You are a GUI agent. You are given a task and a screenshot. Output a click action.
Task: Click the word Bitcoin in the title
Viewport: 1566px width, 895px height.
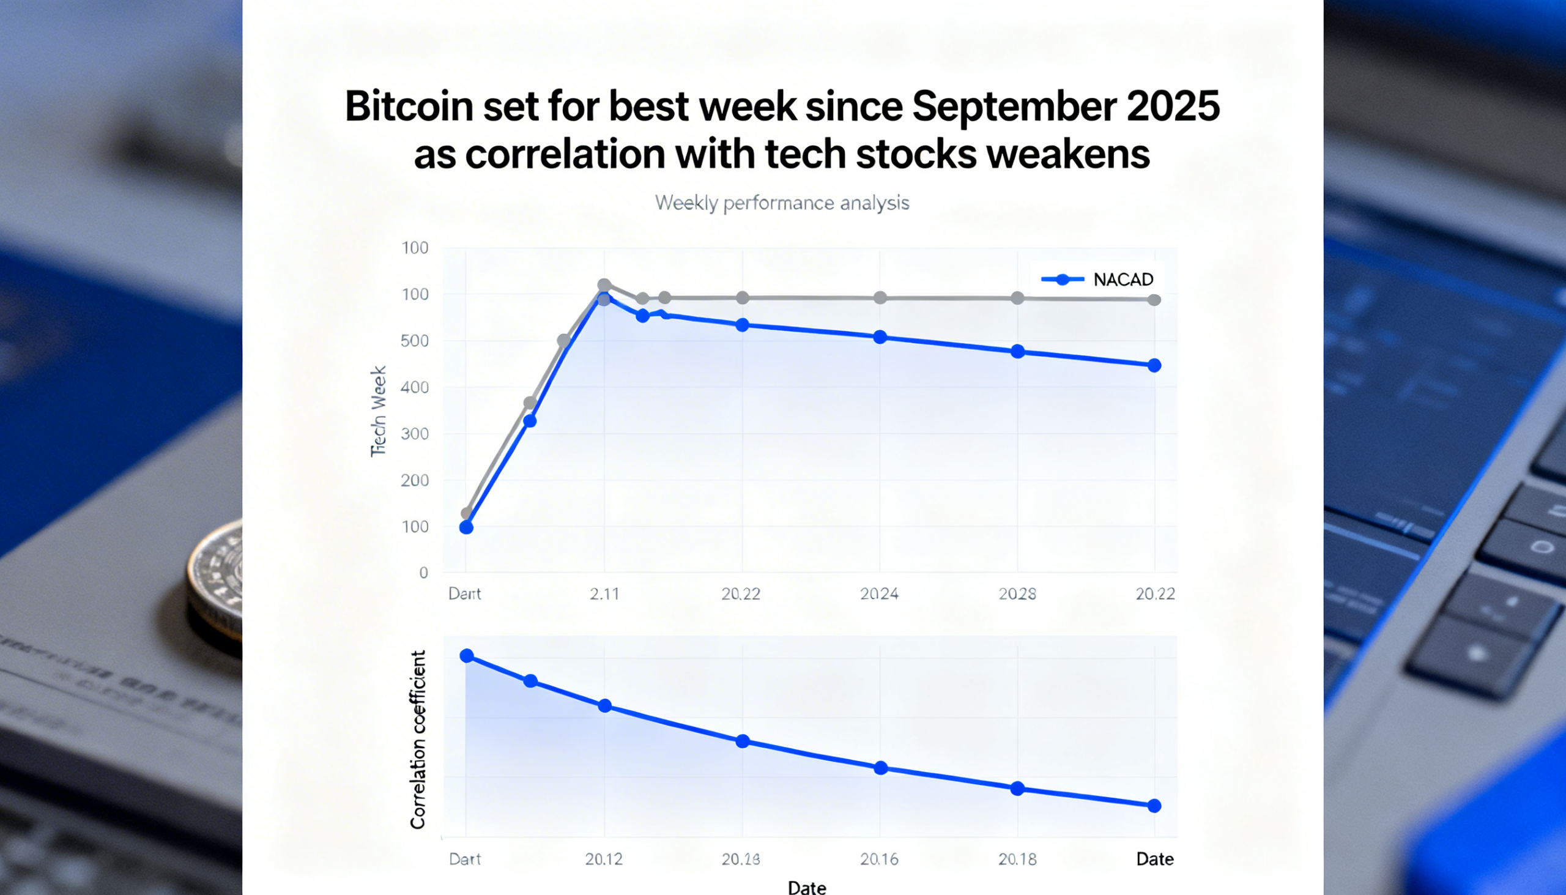(x=409, y=106)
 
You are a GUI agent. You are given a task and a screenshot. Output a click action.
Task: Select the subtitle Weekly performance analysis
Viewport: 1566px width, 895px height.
(x=782, y=203)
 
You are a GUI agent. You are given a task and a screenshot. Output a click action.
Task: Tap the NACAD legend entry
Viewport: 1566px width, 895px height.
(x=1097, y=280)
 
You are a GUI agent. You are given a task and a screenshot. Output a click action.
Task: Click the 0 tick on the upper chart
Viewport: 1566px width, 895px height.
(x=423, y=573)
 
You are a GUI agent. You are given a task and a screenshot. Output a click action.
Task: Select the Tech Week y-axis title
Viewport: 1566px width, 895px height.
(x=379, y=411)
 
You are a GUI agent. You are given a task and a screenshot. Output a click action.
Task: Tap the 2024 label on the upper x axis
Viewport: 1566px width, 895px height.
(x=879, y=594)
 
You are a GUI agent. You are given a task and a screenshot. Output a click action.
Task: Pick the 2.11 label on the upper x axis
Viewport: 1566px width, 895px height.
(x=604, y=594)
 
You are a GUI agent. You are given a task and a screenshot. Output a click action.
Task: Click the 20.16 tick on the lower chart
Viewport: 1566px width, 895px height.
(x=879, y=859)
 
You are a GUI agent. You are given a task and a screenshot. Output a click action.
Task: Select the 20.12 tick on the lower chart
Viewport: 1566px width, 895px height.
(x=604, y=859)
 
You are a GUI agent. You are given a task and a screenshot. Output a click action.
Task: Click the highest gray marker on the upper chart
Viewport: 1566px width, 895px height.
(x=604, y=285)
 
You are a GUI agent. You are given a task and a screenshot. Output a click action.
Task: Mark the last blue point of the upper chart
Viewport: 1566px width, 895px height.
(x=1154, y=366)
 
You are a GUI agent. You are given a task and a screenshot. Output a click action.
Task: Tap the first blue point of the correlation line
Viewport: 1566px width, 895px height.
(x=467, y=656)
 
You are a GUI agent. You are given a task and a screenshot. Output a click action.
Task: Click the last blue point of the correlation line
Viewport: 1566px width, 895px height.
(x=1154, y=806)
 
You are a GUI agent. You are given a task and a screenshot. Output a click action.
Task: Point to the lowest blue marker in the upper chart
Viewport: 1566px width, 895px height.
(x=467, y=527)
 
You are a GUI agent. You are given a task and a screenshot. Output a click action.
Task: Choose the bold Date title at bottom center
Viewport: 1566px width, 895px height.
(x=807, y=887)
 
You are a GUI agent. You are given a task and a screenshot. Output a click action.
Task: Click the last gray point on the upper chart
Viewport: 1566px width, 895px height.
(x=1154, y=300)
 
